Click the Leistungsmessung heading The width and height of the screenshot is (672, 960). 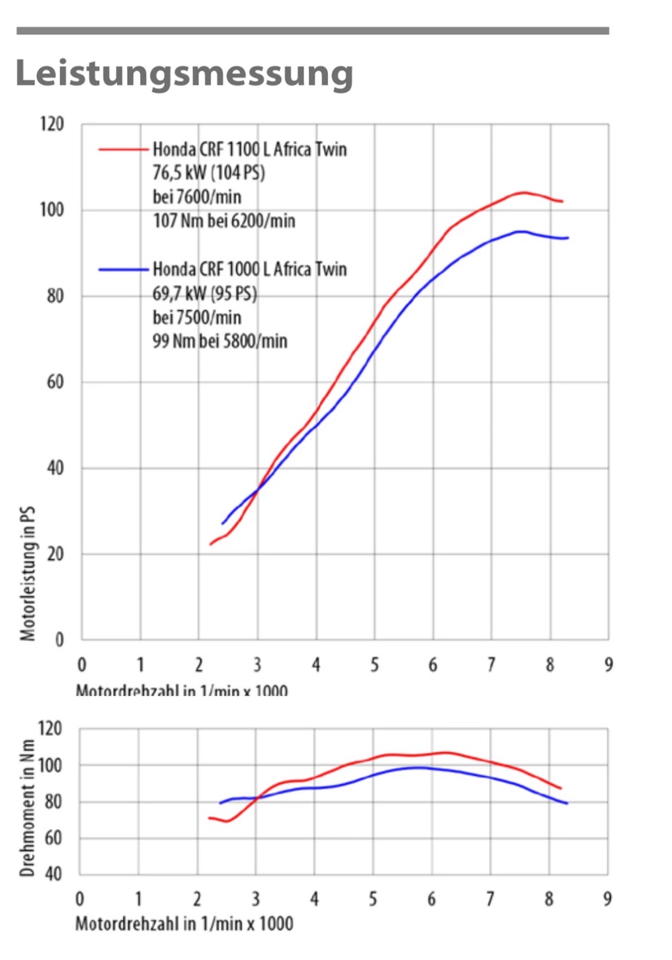click(184, 74)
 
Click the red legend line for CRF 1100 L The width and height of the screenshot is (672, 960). click(124, 150)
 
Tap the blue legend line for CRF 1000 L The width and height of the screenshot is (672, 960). click(124, 270)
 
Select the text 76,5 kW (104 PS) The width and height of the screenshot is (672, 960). click(209, 173)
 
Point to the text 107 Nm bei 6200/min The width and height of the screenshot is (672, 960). click(223, 220)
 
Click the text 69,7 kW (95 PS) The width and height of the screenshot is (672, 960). click(204, 293)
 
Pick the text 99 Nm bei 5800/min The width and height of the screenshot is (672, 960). click(220, 341)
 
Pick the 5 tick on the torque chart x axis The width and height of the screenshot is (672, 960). click(373, 898)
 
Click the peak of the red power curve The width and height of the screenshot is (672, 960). click(522, 192)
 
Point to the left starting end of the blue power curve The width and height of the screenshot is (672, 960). click(222, 524)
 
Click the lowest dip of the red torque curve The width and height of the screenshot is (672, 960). click(227, 822)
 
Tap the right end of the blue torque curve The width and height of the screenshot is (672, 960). click(566, 803)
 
